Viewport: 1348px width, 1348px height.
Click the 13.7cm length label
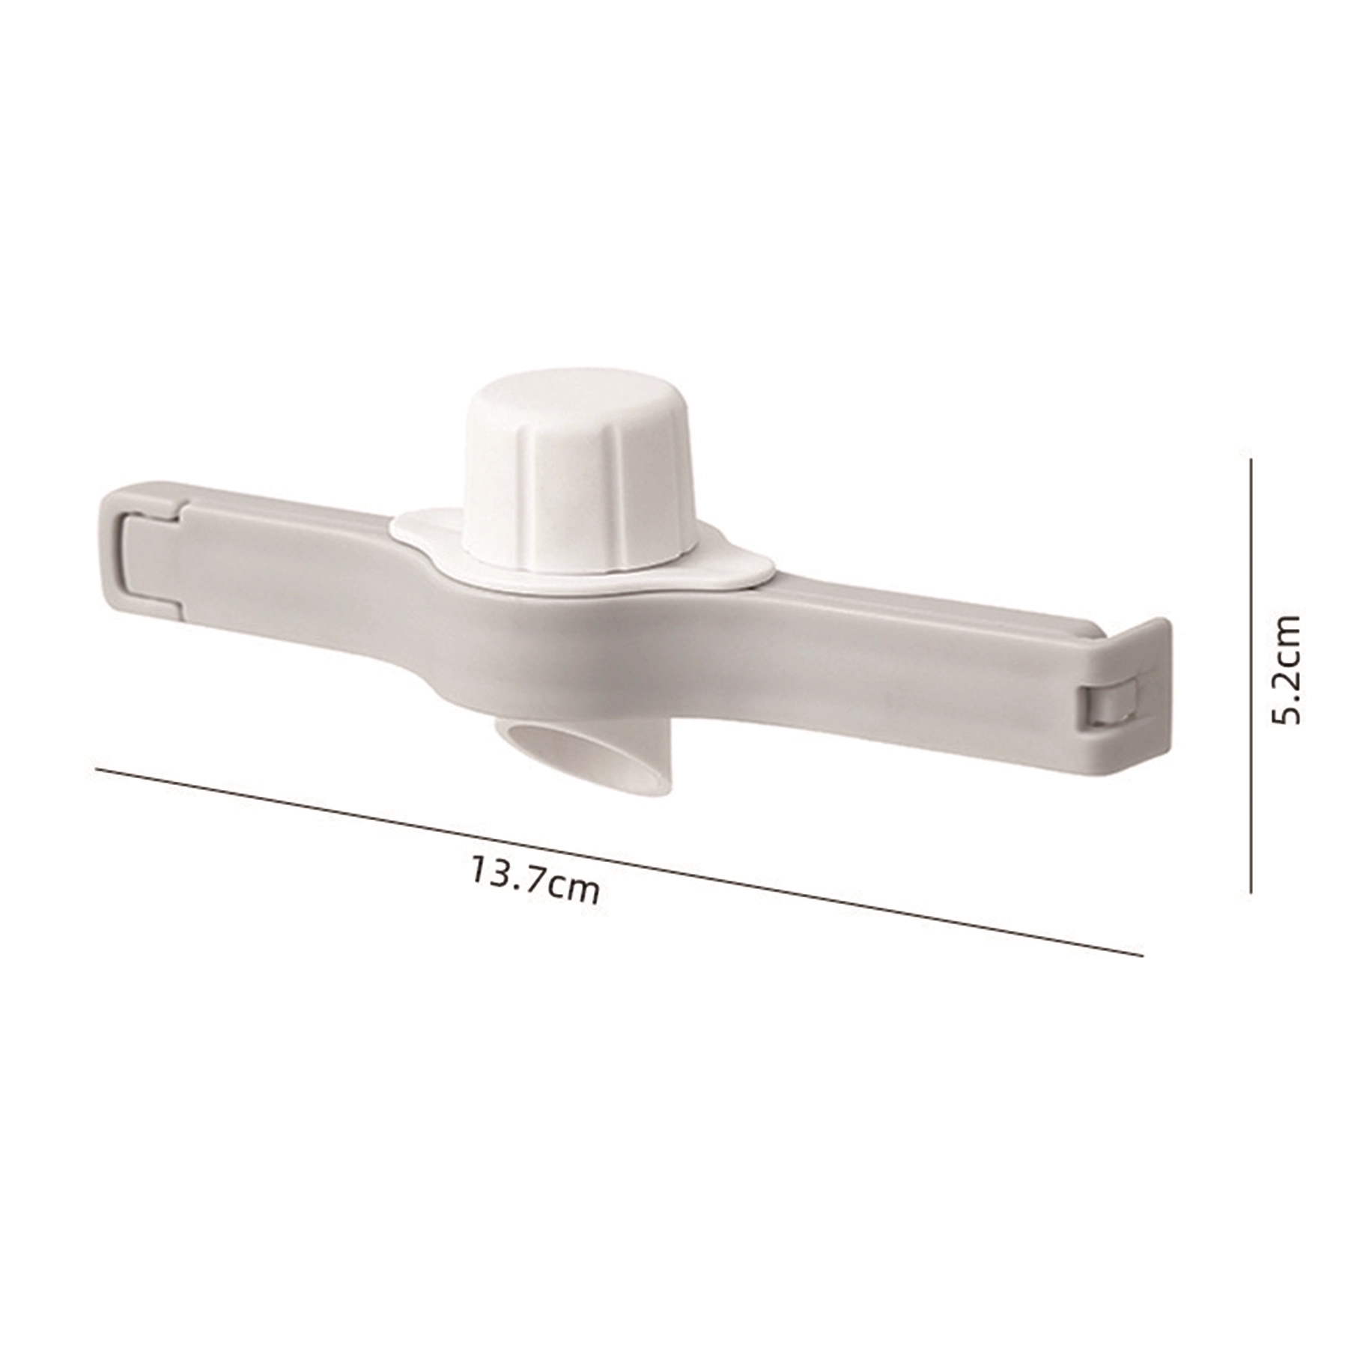(535, 880)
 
